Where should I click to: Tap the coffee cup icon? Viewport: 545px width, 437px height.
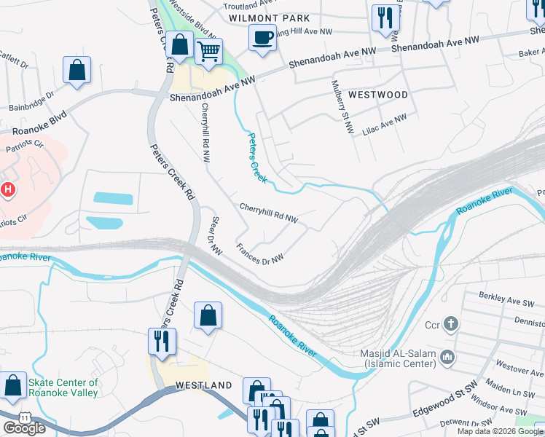click(262, 36)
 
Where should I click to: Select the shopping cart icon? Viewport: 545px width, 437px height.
click(208, 52)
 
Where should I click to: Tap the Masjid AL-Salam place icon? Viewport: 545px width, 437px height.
click(447, 356)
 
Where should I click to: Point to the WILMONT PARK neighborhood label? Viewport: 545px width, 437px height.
click(269, 17)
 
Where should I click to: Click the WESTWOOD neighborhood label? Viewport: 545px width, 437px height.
click(377, 95)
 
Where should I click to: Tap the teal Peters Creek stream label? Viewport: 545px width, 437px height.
click(257, 157)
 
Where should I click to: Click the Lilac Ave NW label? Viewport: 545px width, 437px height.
click(385, 124)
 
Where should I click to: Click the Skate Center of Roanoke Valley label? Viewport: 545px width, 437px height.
click(63, 387)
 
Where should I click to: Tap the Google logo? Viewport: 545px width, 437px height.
click(23, 428)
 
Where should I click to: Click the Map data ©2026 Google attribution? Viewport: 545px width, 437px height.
click(500, 431)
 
